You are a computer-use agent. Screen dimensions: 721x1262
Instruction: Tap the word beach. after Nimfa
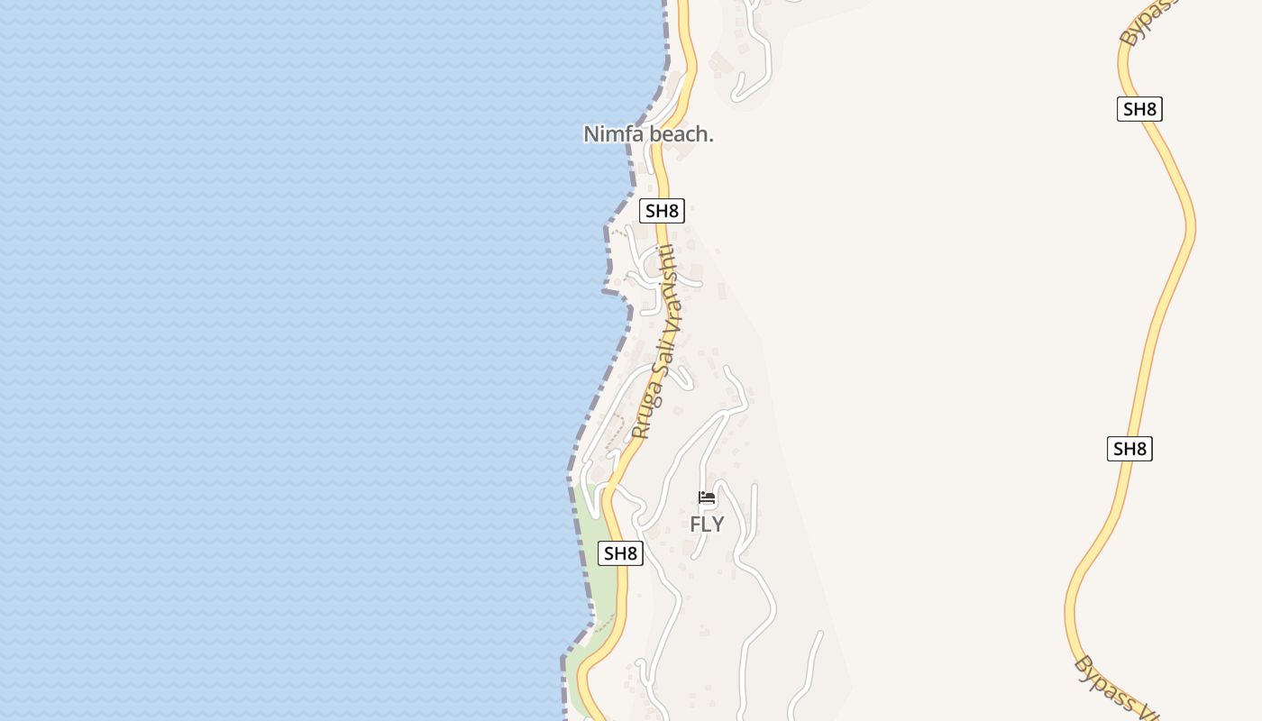pos(679,134)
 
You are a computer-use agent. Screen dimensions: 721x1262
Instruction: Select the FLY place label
pos(707,524)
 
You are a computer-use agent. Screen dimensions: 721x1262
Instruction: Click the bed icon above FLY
pos(707,497)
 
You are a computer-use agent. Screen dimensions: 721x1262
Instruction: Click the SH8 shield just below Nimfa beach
pos(662,211)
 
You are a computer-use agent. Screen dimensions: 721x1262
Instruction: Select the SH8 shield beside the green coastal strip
pos(620,553)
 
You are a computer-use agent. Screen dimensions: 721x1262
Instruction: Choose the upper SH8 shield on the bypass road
pos(1139,109)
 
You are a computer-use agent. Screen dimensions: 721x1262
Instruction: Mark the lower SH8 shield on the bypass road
pos(1129,448)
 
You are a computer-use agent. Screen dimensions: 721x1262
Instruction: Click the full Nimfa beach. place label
pos(648,134)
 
